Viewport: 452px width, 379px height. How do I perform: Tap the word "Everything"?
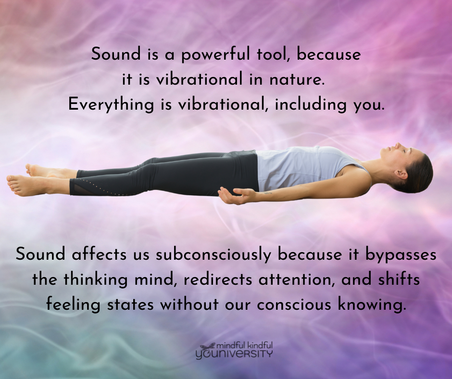tap(111, 104)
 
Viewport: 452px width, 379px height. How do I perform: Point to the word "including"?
tap(310, 104)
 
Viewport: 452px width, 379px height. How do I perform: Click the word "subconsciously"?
tap(213, 255)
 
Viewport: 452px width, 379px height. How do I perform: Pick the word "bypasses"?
tap(401, 255)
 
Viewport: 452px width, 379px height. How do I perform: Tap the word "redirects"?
tap(218, 280)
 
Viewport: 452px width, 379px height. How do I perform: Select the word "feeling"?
tap(73, 305)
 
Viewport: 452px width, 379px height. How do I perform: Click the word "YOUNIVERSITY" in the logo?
tap(234, 354)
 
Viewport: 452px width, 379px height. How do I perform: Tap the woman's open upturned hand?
tap(233, 195)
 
